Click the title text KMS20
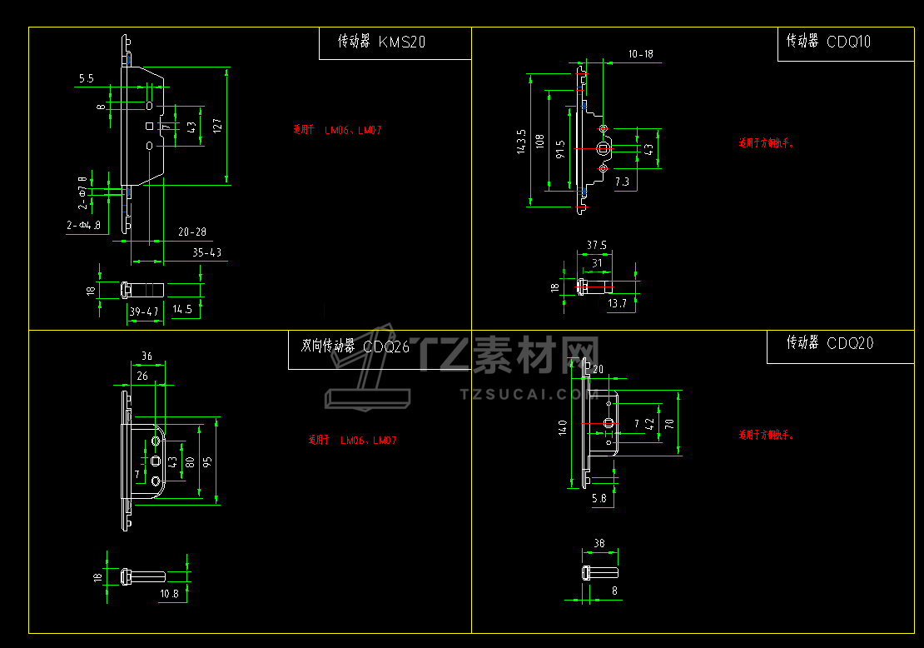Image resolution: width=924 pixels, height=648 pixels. click(401, 42)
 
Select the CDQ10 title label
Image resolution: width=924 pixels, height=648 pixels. click(849, 41)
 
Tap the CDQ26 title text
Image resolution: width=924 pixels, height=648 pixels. click(386, 347)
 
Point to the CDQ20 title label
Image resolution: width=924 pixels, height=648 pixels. click(851, 342)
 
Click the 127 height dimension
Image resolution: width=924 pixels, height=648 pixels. click(217, 126)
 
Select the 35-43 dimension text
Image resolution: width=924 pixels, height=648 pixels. click(207, 252)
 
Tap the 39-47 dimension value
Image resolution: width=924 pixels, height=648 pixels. click(143, 312)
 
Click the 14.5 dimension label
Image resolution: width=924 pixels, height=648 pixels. click(182, 309)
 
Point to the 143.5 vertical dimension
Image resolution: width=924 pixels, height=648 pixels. click(522, 142)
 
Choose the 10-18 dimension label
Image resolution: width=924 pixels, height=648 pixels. click(640, 54)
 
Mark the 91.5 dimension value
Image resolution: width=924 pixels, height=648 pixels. click(560, 149)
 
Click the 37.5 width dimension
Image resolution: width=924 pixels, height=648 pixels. click(596, 245)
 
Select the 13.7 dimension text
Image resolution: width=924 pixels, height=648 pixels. click(617, 304)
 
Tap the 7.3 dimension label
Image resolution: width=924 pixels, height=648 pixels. click(622, 181)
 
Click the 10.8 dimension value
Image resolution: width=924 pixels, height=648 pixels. click(169, 594)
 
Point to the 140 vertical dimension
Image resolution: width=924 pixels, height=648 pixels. click(564, 428)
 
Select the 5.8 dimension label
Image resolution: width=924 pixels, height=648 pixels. click(599, 498)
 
